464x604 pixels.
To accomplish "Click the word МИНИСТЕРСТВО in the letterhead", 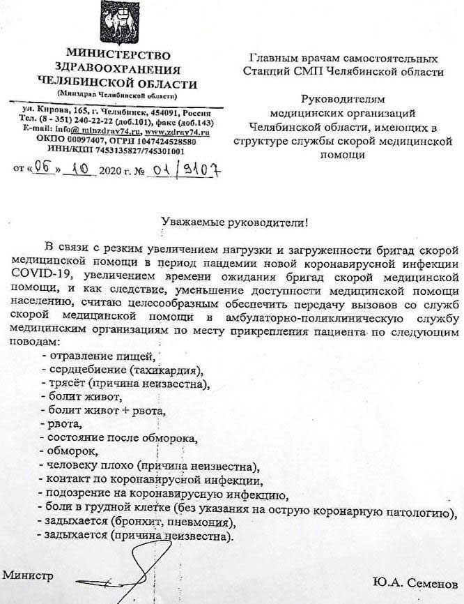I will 117,55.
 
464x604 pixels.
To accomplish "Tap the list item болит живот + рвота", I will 105,409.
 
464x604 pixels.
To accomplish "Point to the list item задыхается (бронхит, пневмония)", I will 144,522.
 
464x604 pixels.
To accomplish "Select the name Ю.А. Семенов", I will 416,581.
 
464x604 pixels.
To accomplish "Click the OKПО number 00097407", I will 81,140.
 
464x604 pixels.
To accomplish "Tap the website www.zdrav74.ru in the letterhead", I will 177,131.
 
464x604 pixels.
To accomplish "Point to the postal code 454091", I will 164,111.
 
